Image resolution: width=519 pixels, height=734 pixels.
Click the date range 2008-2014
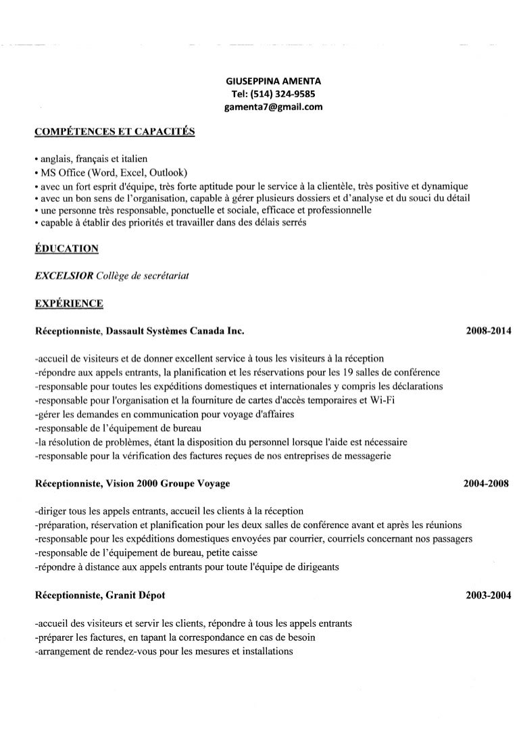(x=489, y=332)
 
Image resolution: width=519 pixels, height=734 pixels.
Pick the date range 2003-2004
(x=489, y=596)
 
